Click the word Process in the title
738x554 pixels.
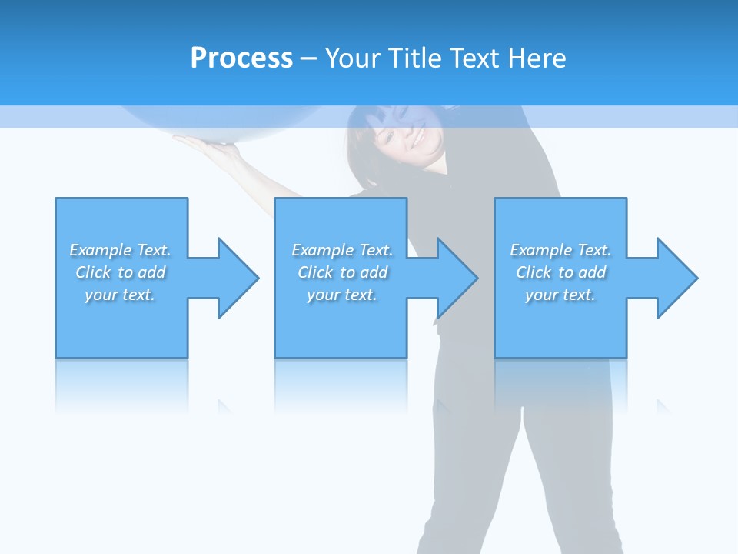point(241,58)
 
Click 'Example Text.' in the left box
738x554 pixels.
point(120,250)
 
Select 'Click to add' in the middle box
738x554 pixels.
point(342,272)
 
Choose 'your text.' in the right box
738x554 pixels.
point(560,295)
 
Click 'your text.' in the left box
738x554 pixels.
point(120,295)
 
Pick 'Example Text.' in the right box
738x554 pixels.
point(560,250)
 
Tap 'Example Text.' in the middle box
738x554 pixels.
point(342,250)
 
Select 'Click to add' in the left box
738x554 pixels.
point(120,272)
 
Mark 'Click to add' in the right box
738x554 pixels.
point(560,272)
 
